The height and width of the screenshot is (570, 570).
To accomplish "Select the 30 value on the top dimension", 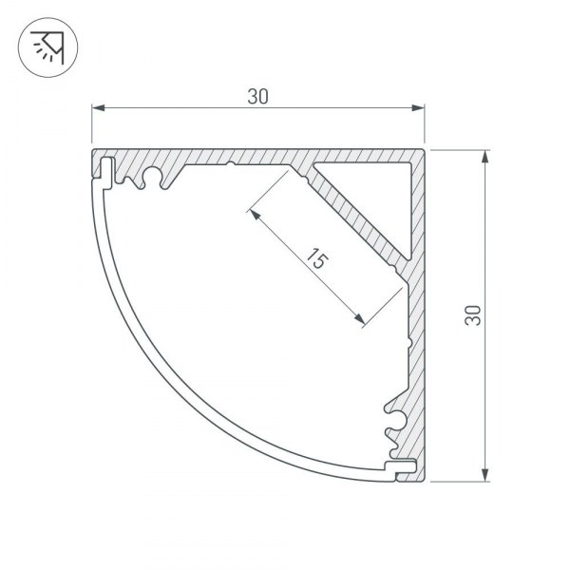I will click(257, 96).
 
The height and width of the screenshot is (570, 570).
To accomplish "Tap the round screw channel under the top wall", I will click(148, 178).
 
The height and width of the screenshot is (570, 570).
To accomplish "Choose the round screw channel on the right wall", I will click(395, 414).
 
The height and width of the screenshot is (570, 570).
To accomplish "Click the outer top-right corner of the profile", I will click(424, 149).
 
